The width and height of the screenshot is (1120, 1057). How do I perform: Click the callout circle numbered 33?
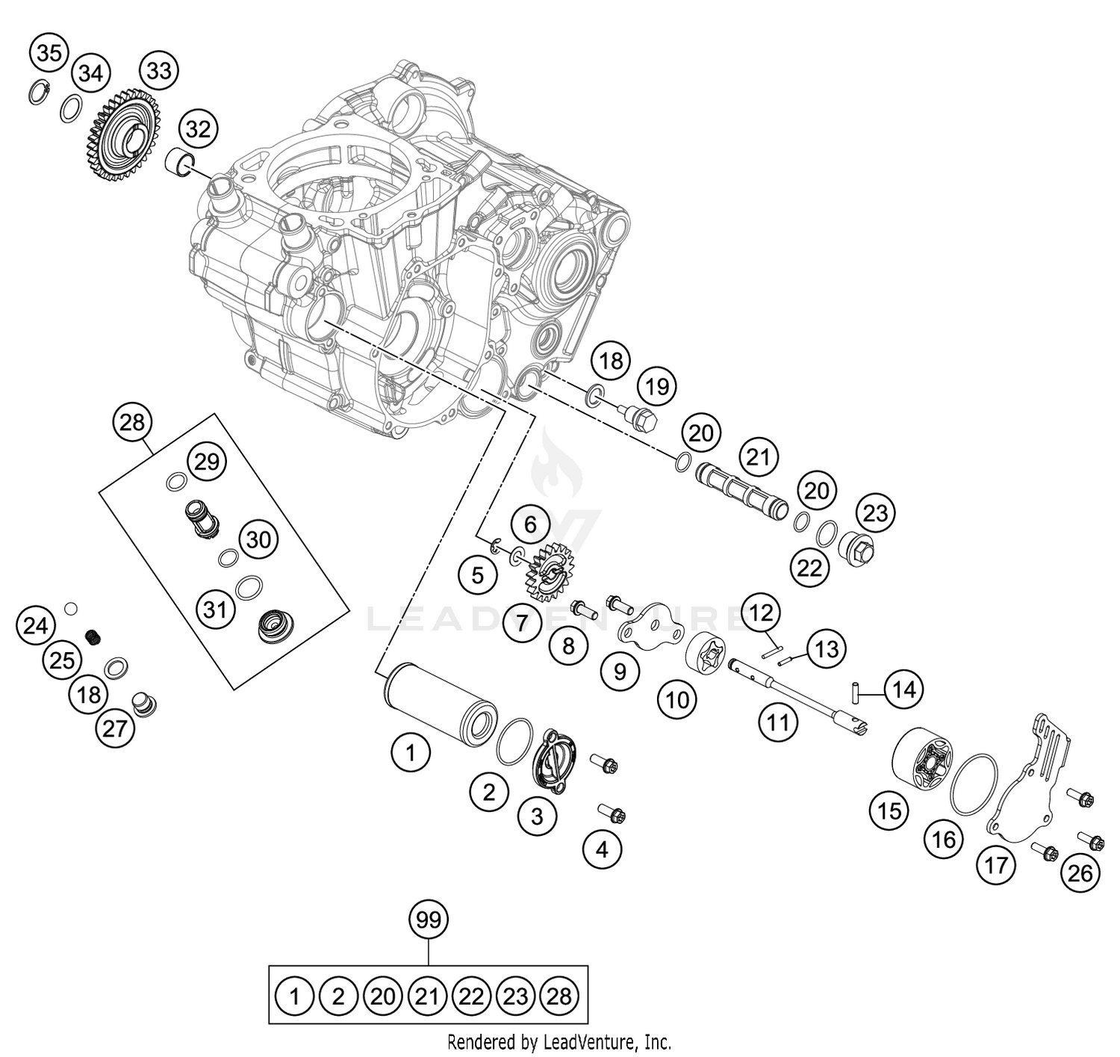pos(159,71)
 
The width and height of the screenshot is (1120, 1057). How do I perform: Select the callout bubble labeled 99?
pos(429,921)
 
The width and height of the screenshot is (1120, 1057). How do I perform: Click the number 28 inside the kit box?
pos(559,996)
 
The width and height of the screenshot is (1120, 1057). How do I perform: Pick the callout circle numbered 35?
pos(49,53)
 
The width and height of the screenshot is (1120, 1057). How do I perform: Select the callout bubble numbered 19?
pos(656,386)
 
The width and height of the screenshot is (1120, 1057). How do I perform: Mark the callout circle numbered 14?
pos(904,689)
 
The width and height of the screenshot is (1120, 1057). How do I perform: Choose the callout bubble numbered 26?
pos(1080,872)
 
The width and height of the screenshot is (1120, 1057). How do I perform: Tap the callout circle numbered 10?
pos(677,699)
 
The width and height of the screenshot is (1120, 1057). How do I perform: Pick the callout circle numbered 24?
pos(36,625)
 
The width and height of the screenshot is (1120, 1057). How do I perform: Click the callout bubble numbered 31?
pos(215,610)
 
